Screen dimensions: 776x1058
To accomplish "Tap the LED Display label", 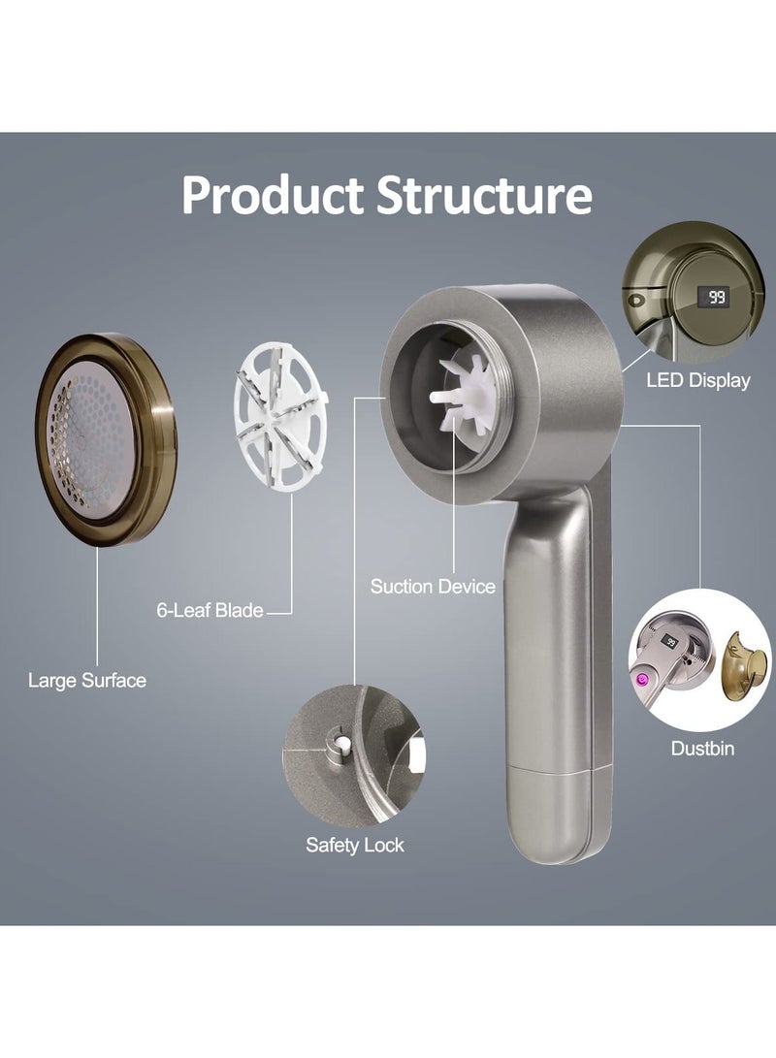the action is pyautogui.click(x=697, y=380).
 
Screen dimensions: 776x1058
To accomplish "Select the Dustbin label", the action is pyautogui.click(x=702, y=749).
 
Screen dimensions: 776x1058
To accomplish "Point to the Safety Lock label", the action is pyautogui.click(x=355, y=845).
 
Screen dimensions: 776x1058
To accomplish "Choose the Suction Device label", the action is pyautogui.click(x=433, y=587).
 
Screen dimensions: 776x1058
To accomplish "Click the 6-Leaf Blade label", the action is pyautogui.click(x=210, y=611).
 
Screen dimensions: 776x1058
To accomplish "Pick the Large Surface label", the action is pyautogui.click(x=87, y=680).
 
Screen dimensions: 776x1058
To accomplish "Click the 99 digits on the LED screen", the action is pyautogui.click(x=716, y=296).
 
